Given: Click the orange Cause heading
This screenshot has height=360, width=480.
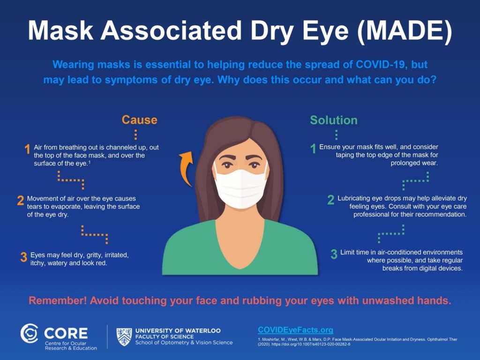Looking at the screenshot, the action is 139,120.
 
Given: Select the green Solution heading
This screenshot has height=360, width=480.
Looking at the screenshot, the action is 333,120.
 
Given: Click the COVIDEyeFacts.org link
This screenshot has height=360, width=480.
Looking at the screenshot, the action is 295,330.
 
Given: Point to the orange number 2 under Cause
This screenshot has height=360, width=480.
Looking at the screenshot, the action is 21,201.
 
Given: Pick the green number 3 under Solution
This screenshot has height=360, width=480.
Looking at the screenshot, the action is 334,254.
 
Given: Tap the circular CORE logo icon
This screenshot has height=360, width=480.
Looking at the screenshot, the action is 30,333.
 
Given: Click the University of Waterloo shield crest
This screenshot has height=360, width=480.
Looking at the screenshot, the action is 124,337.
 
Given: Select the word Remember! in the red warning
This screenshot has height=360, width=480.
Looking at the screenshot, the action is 58,300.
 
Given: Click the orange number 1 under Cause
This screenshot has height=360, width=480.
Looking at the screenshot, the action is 27,150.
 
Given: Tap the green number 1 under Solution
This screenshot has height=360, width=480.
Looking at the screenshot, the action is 313,149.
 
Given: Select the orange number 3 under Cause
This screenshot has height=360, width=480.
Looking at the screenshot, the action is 23,257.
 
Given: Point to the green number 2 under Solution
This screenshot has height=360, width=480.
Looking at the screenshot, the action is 331,200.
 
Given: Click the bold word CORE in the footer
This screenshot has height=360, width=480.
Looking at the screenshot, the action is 66,333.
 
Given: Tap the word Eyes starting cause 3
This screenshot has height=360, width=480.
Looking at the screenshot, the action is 37,255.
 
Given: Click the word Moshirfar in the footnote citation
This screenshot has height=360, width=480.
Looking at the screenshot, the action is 270,339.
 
